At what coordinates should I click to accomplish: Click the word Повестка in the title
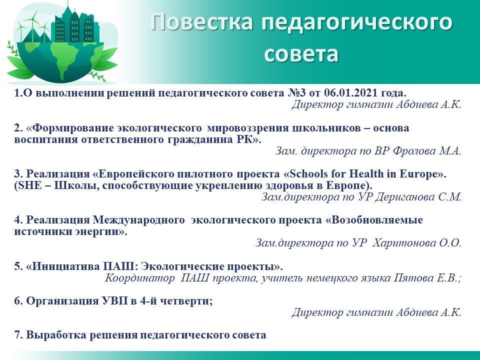tap(202, 22)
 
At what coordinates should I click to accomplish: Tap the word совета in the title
tap(301, 54)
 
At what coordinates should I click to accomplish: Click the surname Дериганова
tap(404, 197)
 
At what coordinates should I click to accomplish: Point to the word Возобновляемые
tap(377, 220)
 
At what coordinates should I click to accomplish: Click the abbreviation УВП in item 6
tap(114, 301)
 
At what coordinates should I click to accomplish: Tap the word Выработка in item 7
tap(56, 335)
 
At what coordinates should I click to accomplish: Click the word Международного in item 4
tap(138, 220)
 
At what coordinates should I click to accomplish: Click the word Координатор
tap(139, 278)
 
